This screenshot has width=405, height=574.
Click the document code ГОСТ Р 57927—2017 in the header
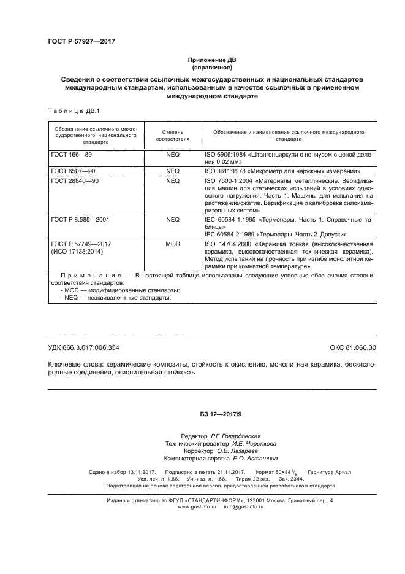[81, 41]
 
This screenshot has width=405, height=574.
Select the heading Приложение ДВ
[211, 60]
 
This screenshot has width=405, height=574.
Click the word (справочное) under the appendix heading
[211, 68]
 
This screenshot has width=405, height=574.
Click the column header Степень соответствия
[173, 136]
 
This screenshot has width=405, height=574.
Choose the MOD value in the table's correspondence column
[173, 244]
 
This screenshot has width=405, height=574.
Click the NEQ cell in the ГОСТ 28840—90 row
[173, 181]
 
